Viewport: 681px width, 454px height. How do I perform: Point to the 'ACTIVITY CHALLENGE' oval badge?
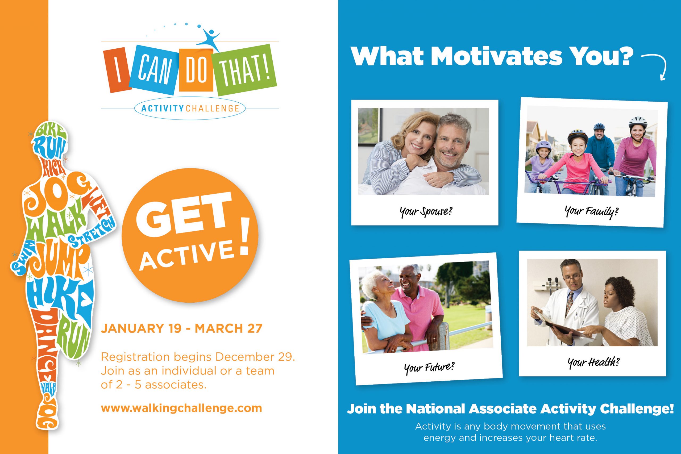[190, 109]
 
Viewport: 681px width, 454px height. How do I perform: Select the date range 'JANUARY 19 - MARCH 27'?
[181, 329]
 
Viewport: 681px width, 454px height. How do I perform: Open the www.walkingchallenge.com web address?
[181, 408]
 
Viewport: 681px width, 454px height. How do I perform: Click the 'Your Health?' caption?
[593, 362]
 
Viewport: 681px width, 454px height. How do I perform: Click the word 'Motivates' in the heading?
[496, 56]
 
